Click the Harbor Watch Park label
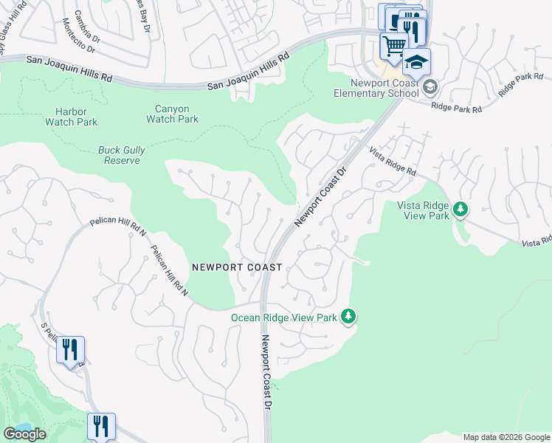pyautogui.click(x=71, y=117)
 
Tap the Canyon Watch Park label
pyautogui.click(x=172, y=114)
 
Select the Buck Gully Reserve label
pyautogui.click(x=122, y=155)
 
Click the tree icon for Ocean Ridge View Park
pyautogui.click(x=348, y=317)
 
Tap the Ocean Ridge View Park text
pyautogui.click(x=283, y=317)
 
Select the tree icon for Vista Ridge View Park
pyautogui.click(x=460, y=210)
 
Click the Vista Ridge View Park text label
pyautogui.click(x=423, y=210)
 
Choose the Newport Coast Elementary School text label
pyautogui.click(x=376, y=88)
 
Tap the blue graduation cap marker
pyautogui.click(x=416, y=62)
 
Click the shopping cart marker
pyautogui.click(x=394, y=47)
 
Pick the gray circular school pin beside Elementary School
pyautogui.click(x=430, y=88)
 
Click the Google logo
pyautogui.click(x=25, y=434)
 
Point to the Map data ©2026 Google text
pyautogui.click(x=506, y=436)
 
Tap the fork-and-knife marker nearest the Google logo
pyautogui.click(x=101, y=426)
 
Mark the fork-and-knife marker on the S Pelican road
pyautogui.click(x=70, y=349)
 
